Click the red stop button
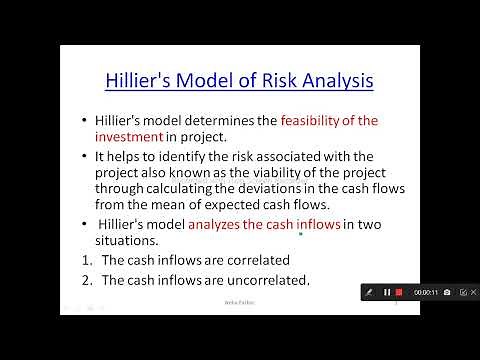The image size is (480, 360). pos(399,292)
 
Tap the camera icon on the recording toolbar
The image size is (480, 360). pos(447,292)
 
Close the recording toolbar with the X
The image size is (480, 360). pos(466,292)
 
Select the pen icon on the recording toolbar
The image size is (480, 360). pos(371,292)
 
